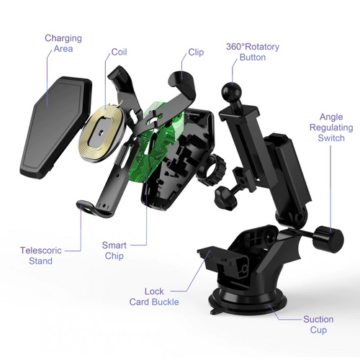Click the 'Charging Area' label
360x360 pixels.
[63, 43]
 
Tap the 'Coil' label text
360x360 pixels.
[119, 53]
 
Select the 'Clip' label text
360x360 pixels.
[195, 53]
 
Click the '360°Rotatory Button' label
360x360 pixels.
[252, 52]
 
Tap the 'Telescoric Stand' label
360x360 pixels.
[41, 256]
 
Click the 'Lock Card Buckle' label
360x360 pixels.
[155, 296]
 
